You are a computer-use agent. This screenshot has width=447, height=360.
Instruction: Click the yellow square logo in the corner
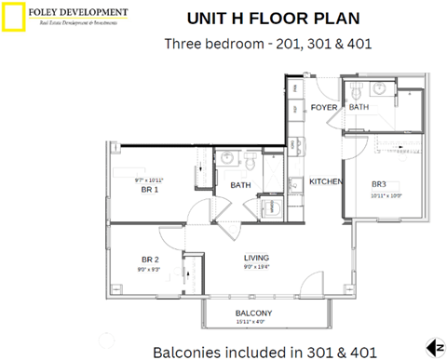click(13, 16)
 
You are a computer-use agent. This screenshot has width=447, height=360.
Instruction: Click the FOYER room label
click(323, 108)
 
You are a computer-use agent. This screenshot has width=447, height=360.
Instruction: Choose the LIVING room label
click(257, 258)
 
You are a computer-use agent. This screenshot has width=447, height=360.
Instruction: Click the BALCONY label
click(253, 313)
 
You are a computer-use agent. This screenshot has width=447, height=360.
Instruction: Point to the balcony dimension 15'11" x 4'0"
click(252, 322)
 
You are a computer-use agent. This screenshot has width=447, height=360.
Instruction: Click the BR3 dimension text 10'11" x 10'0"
click(384, 196)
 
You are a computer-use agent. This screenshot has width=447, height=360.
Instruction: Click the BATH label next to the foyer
click(359, 108)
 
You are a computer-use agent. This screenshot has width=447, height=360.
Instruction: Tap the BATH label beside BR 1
click(241, 185)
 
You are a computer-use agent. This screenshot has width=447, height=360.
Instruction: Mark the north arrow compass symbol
click(433, 348)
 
